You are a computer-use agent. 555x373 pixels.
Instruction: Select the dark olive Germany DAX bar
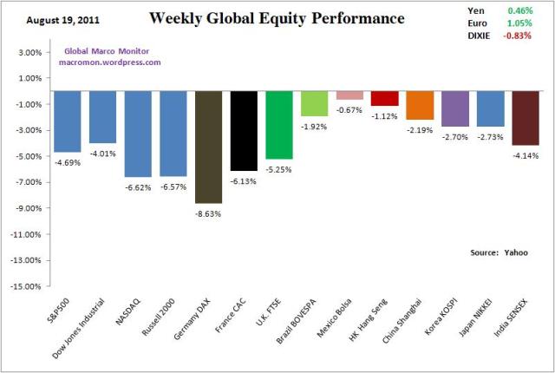point(208,147)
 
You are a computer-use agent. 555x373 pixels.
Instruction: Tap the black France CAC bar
point(244,130)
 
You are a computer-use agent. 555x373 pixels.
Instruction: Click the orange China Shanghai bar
point(420,105)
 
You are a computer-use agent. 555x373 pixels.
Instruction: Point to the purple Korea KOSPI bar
point(455,108)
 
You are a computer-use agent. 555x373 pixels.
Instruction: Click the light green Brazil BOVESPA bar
point(314,103)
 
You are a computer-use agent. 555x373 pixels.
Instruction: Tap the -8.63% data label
point(208,212)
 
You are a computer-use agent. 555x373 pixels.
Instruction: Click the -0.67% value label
point(349,109)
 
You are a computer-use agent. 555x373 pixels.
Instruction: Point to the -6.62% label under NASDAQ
point(138,185)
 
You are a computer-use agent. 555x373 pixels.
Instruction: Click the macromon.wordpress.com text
point(110,62)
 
